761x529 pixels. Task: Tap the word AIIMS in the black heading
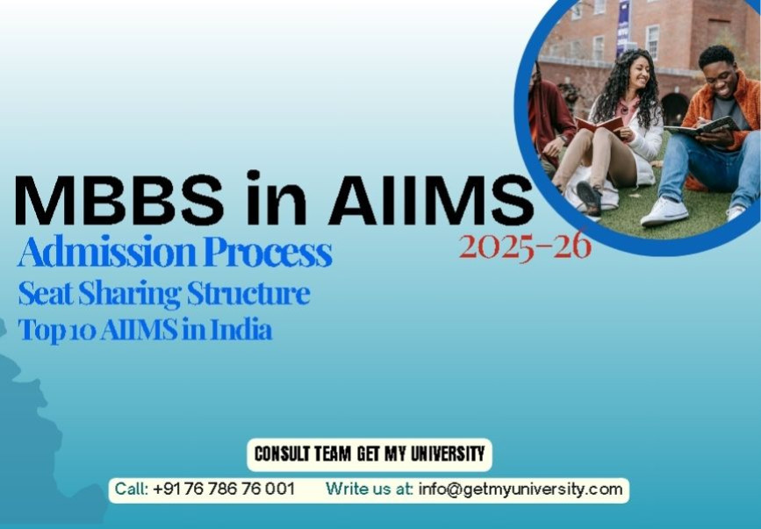click(429, 199)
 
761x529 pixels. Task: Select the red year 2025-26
click(524, 247)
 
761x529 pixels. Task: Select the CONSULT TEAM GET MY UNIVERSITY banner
click(369, 454)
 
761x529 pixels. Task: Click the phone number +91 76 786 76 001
click(223, 489)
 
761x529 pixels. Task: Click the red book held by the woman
click(600, 124)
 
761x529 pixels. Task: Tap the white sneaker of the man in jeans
click(664, 211)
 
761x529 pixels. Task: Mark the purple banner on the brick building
click(622, 26)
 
